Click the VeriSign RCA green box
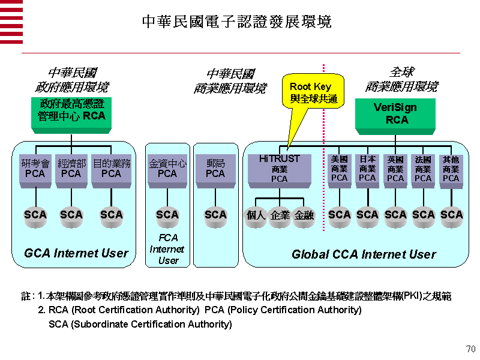(395, 116)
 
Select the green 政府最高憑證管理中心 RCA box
(71, 115)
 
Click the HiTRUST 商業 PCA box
(280, 171)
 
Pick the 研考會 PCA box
(35, 171)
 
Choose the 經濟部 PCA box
(71, 171)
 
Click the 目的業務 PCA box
(112, 171)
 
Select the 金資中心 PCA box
(167, 171)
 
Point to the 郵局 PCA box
(215, 171)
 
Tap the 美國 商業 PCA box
(339, 171)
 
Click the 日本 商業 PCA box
(367, 171)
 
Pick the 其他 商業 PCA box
(451, 171)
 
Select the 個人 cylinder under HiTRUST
(256, 217)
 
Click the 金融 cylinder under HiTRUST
(304, 217)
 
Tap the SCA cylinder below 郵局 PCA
(215, 217)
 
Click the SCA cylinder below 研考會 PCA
(35, 217)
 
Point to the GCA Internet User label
(76, 253)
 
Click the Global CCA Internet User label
(364, 254)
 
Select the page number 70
(470, 349)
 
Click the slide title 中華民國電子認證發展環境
(237, 22)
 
